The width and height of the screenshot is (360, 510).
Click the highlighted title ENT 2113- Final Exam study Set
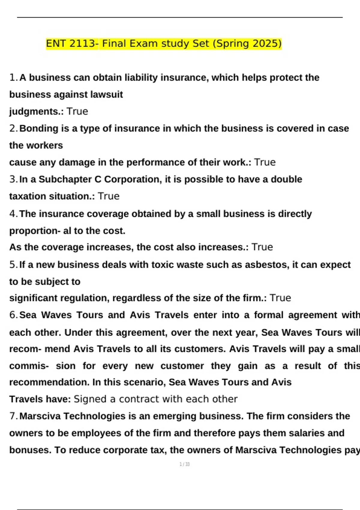coord(163,44)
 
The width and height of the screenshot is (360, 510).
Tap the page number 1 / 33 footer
coord(184,464)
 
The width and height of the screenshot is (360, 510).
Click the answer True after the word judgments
coord(77,112)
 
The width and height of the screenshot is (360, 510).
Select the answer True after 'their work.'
coord(265,162)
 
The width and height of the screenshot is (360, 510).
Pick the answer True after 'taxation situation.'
coord(109,196)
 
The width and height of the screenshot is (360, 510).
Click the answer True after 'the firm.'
coord(280,298)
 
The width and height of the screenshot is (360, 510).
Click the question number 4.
coord(13,214)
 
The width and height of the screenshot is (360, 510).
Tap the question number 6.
coord(13,315)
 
